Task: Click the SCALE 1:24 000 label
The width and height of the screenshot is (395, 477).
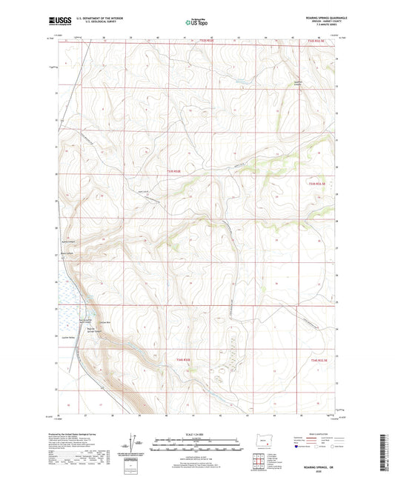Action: (197, 434)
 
